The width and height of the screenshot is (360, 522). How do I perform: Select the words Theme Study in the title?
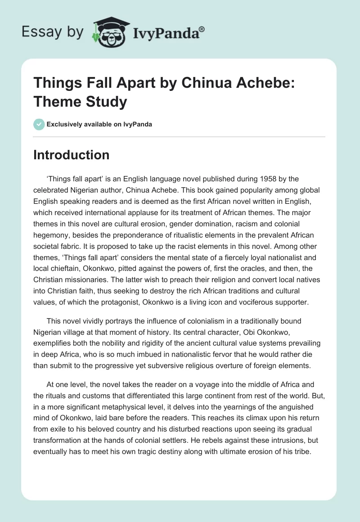click(81, 102)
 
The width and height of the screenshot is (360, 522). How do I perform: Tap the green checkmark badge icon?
click(39, 124)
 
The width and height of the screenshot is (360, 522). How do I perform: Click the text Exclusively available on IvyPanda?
click(99, 124)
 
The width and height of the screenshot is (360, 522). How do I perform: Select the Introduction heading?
click(72, 155)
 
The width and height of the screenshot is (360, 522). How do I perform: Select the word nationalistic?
click(153, 354)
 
